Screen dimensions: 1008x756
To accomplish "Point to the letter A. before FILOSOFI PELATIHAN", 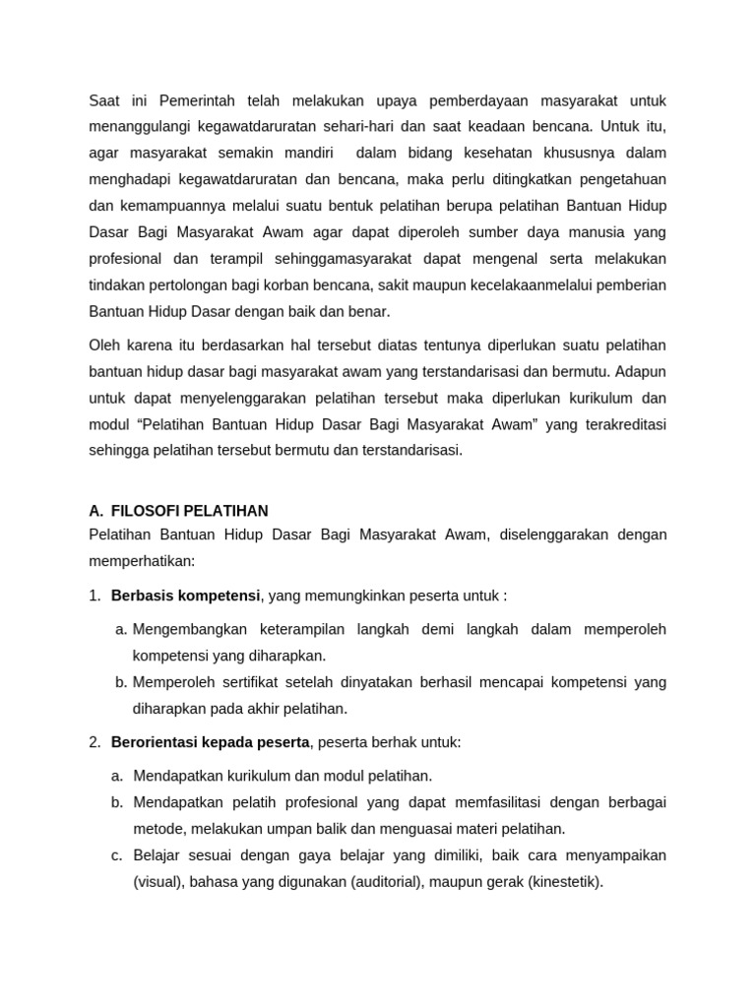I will [x=95, y=511].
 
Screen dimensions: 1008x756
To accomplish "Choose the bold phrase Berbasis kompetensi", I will [x=186, y=596].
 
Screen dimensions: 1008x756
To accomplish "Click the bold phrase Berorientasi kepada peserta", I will [x=211, y=742].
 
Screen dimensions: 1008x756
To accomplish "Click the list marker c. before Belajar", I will [x=117, y=855].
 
